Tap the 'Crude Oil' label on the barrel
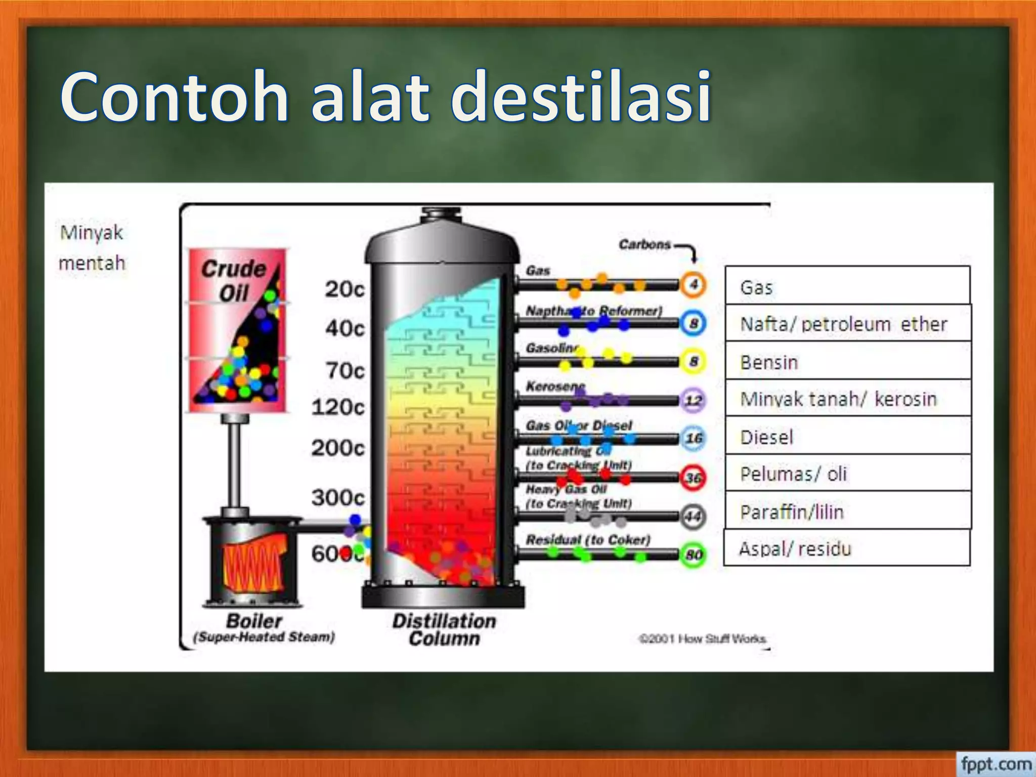(x=234, y=281)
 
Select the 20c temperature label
(x=344, y=289)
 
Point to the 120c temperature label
(x=337, y=407)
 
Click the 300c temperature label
(x=337, y=498)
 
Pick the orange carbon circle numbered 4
(x=693, y=285)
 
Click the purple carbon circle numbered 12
(x=693, y=401)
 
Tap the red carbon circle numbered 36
(x=693, y=478)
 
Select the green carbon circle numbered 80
(x=693, y=555)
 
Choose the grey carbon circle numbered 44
(x=693, y=516)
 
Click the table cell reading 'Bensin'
(x=848, y=362)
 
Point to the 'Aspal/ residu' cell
(x=847, y=548)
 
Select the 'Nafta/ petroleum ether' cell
(x=848, y=324)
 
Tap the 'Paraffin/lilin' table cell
(x=848, y=511)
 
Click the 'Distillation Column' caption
(x=444, y=629)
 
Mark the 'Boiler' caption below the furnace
(x=254, y=621)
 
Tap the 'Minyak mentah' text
(x=92, y=248)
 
